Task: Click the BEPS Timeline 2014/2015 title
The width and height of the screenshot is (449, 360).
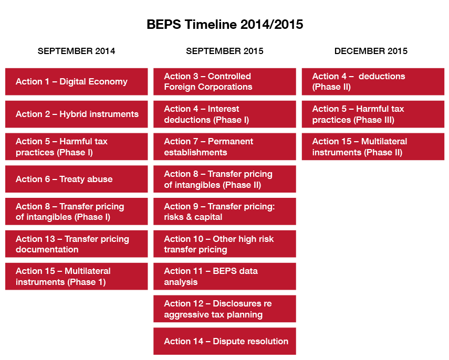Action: [225, 24]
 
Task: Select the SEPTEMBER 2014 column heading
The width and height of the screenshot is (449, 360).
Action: [77, 51]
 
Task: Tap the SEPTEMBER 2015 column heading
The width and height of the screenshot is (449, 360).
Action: [225, 51]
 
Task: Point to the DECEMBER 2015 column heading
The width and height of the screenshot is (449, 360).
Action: [371, 51]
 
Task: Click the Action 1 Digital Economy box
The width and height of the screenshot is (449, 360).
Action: [77, 81]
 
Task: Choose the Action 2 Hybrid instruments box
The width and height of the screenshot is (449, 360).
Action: [77, 114]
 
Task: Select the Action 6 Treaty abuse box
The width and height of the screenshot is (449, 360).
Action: [77, 179]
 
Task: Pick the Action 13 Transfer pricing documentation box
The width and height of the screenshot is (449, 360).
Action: [77, 244]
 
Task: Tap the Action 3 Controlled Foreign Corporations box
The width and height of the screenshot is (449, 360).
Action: [225, 81]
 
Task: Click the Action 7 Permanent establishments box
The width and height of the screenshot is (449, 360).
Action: [225, 146]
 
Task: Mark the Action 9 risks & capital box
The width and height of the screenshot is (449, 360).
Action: [225, 211]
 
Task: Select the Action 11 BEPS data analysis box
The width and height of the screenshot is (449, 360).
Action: [225, 277]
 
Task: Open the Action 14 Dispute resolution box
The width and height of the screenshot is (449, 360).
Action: [225, 342]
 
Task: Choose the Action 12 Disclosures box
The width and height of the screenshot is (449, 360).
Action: [225, 309]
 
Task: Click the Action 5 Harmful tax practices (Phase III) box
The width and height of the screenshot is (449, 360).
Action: [373, 114]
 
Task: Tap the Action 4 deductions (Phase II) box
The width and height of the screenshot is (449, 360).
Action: [373, 81]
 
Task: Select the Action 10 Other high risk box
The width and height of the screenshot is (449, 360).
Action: [225, 244]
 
